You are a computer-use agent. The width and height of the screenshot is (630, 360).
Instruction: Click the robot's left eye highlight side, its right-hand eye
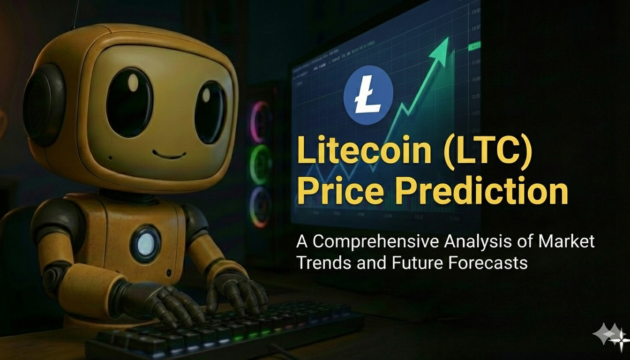point(210,112)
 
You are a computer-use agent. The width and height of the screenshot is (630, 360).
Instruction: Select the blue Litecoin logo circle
point(368,95)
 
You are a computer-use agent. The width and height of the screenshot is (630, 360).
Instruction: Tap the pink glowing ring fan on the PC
point(259,122)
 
